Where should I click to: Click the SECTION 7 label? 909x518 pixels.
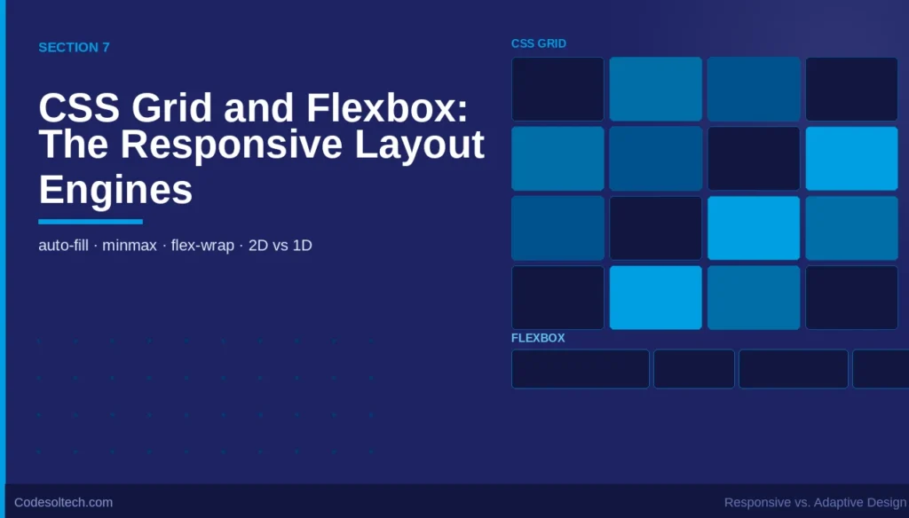74,47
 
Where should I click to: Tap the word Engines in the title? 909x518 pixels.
115,189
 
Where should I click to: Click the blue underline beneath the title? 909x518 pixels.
90,222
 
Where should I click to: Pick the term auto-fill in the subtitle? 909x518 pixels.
63,246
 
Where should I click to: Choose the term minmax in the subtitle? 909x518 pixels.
129,246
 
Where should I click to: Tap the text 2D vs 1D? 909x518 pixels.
281,246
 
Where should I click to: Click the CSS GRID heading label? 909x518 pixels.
538,43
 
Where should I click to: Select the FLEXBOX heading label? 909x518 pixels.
538,338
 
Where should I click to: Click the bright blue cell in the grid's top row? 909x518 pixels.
655,89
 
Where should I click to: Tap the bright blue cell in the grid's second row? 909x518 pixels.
851,158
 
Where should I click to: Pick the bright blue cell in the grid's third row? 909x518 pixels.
753,228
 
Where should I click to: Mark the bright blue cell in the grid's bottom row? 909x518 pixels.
655,297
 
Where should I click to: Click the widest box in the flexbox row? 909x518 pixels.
580,369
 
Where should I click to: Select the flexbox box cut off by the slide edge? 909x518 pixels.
881,369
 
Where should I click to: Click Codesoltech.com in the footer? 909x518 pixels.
63,502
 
